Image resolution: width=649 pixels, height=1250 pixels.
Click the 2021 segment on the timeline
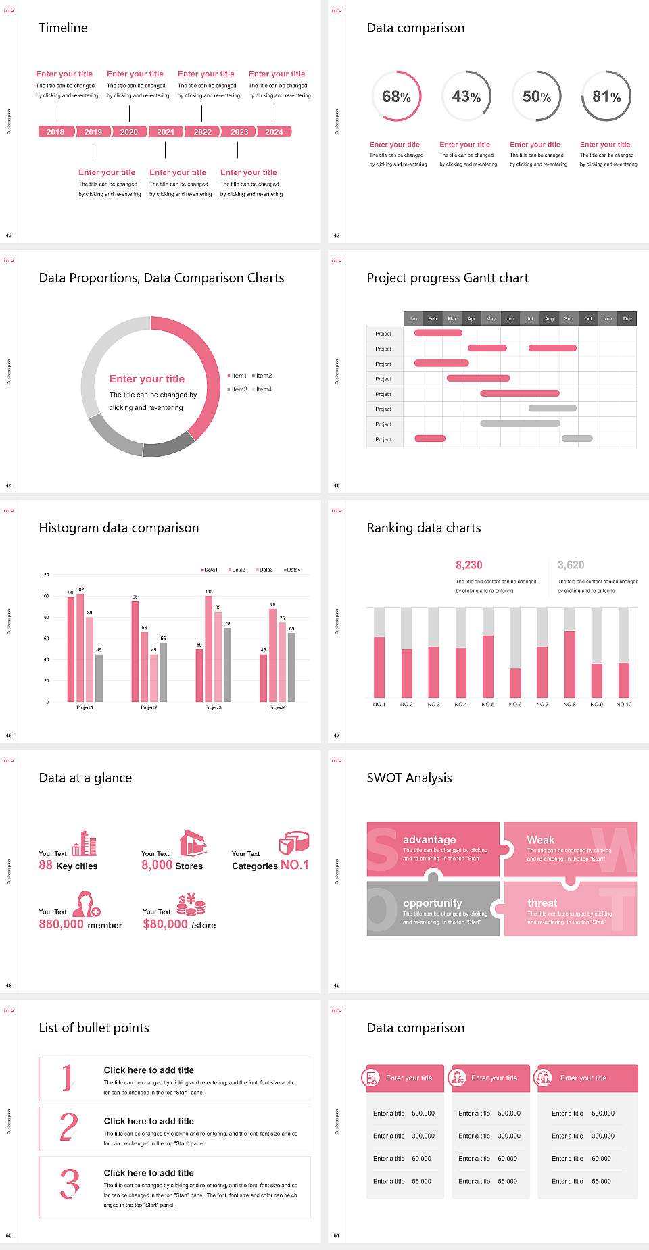coord(166,132)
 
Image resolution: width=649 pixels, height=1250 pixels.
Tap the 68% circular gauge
coord(396,97)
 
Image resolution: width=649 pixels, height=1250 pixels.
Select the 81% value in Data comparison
coord(606,97)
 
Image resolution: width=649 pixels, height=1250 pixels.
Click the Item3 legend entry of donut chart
coord(237,389)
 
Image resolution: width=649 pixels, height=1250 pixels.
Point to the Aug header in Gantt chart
coord(549,318)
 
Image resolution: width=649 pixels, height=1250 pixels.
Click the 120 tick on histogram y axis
coord(45,575)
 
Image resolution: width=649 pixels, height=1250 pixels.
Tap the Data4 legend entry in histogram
coord(292,570)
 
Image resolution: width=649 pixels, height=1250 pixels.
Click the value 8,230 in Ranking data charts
coord(469,565)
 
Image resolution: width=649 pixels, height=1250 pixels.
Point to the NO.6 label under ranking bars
coord(515,704)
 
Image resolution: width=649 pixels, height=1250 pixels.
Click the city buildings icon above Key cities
coord(85,843)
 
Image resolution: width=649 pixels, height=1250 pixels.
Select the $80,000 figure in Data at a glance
coord(165,924)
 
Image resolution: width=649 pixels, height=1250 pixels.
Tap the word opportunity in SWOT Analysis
coord(433,903)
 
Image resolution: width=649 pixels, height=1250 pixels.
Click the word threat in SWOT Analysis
coord(542,903)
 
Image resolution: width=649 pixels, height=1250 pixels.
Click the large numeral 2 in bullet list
coord(69,1128)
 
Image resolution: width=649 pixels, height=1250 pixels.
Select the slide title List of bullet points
coord(94,1028)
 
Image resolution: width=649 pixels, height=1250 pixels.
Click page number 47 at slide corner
coord(337,735)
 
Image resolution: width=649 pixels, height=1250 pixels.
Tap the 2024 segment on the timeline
coord(274,132)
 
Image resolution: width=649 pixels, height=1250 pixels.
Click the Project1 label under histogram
coord(85,707)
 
